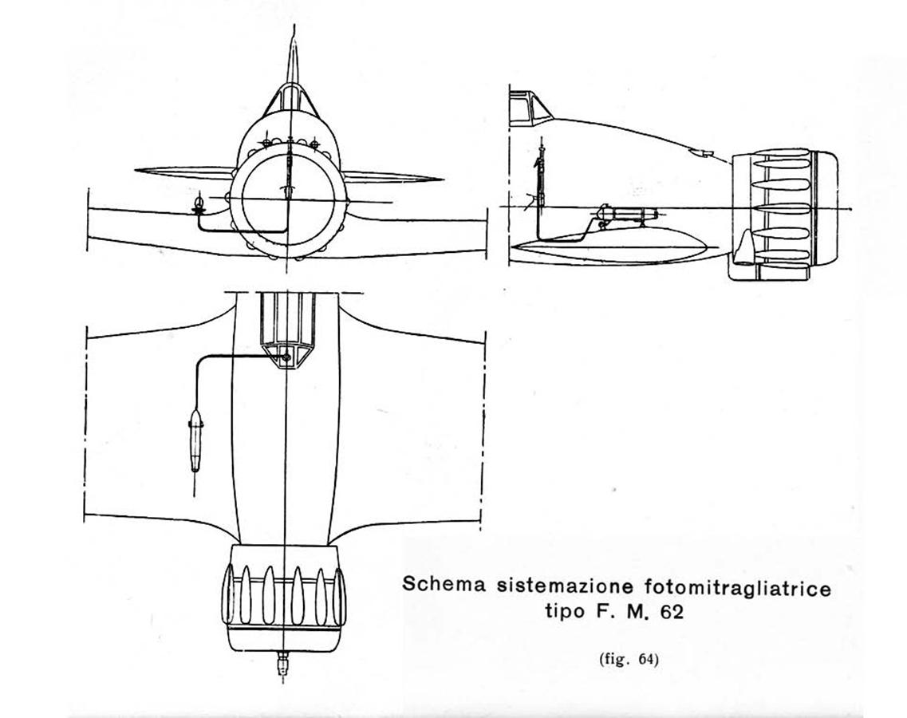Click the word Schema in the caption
tap(444, 584)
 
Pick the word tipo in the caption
tap(565, 612)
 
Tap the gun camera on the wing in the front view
tap(199, 206)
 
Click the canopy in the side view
tap(530, 107)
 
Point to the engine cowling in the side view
tap(784, 214)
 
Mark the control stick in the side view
tap(542, 174)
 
